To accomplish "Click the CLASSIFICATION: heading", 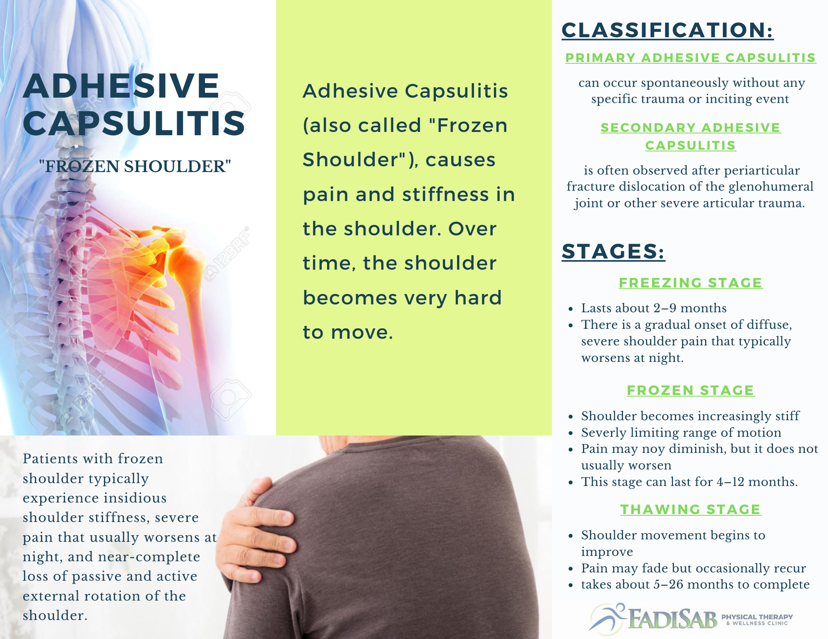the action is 667,30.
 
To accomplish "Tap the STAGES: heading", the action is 613,251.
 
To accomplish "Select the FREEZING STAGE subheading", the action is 691,283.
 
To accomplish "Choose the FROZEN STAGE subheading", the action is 691,390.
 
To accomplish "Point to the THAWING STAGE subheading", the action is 691,510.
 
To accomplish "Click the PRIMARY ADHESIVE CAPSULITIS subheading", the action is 691,58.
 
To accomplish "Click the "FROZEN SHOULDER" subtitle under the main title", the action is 135,166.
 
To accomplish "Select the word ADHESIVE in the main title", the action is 121,86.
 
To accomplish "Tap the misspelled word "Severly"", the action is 604,433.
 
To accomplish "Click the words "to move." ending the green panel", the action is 348,332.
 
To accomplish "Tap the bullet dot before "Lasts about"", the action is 571,309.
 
